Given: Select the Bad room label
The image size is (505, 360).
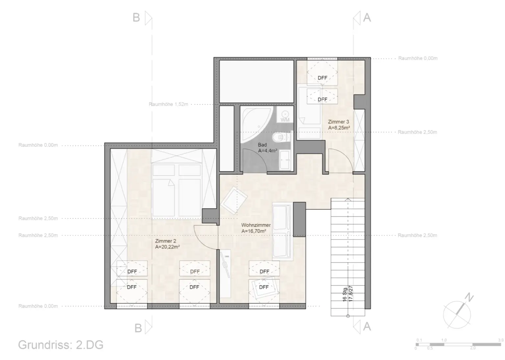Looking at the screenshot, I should (x=262, y=145).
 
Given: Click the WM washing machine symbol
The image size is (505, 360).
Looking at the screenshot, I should (x=285, y=116).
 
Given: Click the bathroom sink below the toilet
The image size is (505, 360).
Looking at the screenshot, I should (x=285, y=160).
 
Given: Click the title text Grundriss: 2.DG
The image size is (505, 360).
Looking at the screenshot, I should (x=61, y=345).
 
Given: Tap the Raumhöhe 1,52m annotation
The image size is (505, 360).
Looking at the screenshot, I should (x=168, y=104).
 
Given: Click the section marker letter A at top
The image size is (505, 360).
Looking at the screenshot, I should (x=367, y=17).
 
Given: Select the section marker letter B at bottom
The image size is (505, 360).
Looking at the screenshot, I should (x=138, y=328).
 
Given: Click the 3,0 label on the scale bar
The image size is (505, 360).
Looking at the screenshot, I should (x=500, y=340).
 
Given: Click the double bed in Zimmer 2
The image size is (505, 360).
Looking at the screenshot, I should (x=177, y=191).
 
